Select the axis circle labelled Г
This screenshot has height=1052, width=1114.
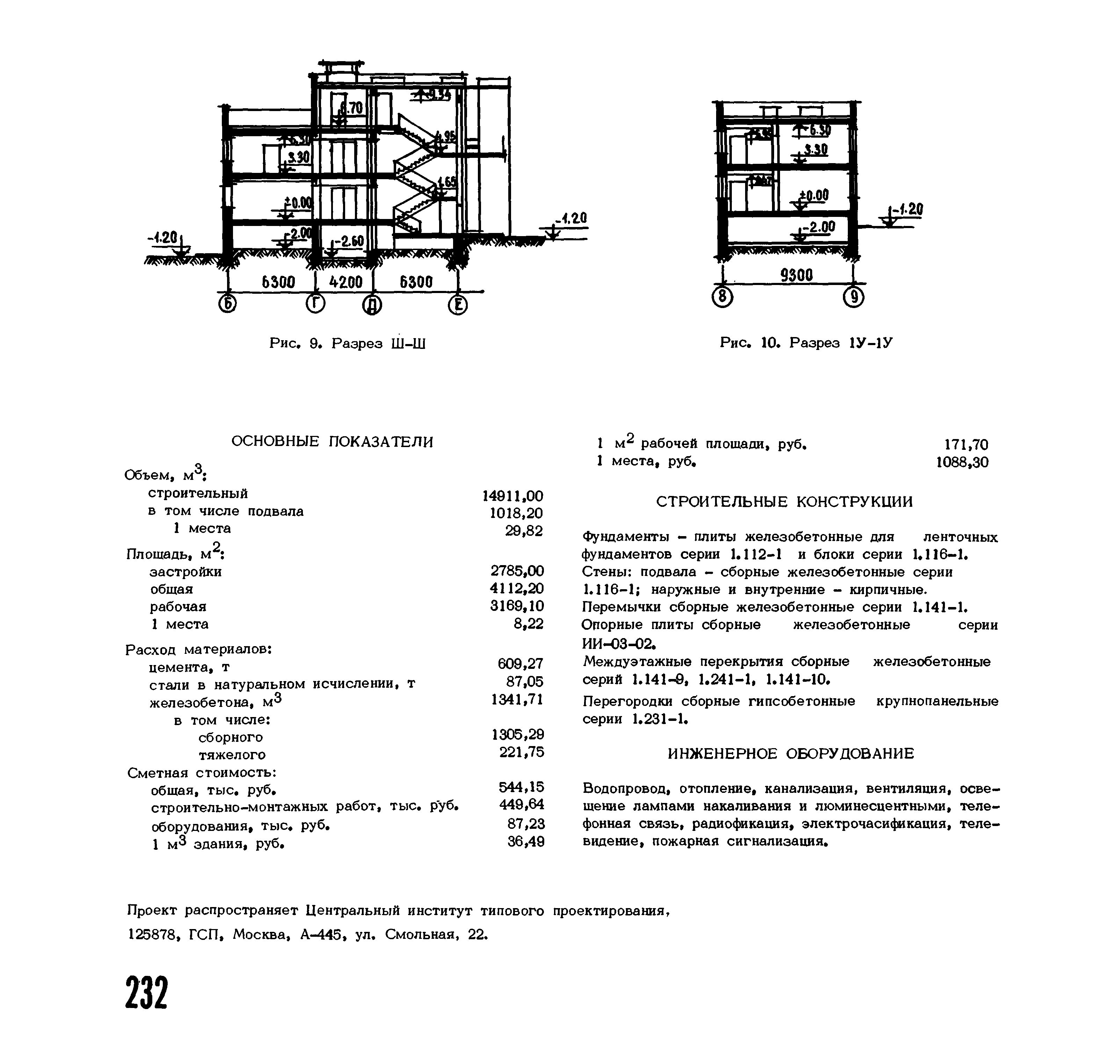(316, 304)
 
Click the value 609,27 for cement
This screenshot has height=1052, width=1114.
(520, 664)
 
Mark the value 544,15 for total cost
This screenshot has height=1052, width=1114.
(521, 787)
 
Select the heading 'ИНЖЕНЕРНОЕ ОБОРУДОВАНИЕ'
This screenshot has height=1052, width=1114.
(790, 754)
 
